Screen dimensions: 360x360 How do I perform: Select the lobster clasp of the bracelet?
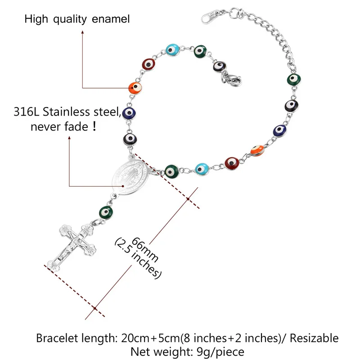click(x=231, y=80)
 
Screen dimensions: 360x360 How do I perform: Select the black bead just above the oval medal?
click(x=129, y=139)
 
